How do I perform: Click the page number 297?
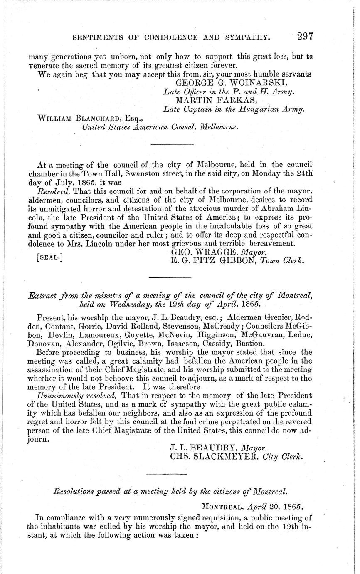coord(305,36)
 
